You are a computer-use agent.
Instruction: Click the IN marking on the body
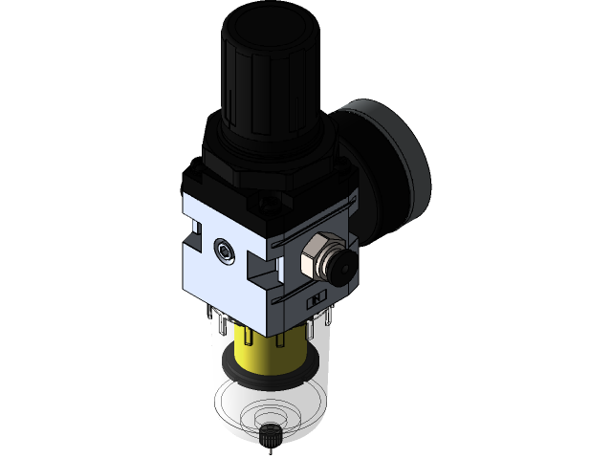(x=313, y=299)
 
